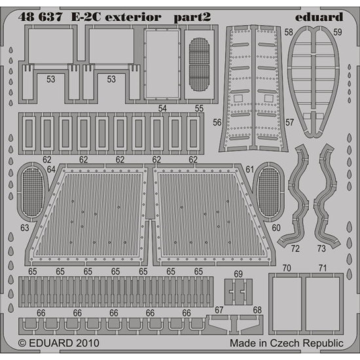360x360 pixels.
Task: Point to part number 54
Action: (163, 108)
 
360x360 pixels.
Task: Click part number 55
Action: (199, 108)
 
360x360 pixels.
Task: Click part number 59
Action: (337, 32)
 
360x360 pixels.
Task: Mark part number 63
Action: (24, 228)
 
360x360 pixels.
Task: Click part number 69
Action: (238, 273)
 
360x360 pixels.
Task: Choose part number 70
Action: (286, 268)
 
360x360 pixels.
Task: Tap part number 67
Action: (219, 310)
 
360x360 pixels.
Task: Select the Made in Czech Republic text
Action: (286, 342)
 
